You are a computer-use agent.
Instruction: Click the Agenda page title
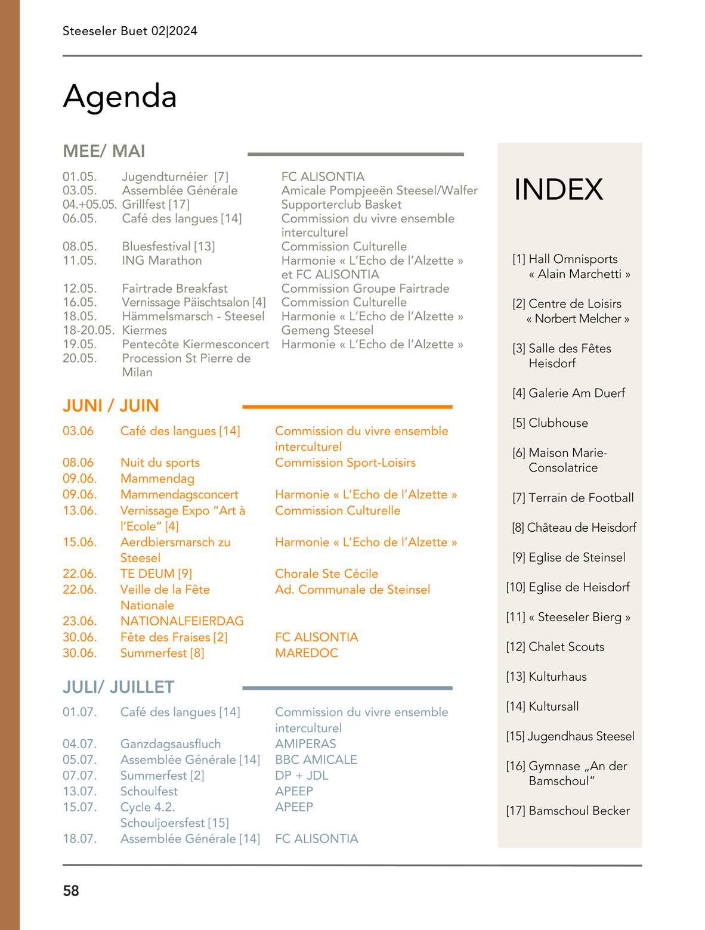[x=120, y=96]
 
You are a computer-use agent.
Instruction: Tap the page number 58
[x=71, y=891]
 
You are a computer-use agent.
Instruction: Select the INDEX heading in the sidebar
[x=558, y=189]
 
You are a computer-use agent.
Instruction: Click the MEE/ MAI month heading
[x=104, y=151]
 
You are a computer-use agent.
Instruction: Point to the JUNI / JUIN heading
[x=110, y=406]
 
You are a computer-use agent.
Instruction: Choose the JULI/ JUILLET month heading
[x=118, y=687]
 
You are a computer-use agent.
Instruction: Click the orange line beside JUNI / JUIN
[x=347, y=407]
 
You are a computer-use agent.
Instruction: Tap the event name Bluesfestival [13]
[x=168, y=246]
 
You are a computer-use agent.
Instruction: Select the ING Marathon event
[x=162, y=261]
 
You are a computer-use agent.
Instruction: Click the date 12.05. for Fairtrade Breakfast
[x=79, y=289]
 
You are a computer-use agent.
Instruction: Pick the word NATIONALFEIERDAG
[x=182, y=621]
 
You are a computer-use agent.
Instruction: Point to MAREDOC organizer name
[x=306, y=653]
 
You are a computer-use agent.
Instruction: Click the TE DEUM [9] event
[x=156, y=573]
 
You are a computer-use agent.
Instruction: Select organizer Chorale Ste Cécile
[x=326, y=573]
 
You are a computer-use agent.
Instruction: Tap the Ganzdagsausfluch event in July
[x=170, y=744]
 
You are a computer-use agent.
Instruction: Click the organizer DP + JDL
[x=301, y=776]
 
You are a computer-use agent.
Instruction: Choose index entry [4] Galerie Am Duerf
[x=568, y=393]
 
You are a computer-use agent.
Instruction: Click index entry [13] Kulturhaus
[x=546, y=677]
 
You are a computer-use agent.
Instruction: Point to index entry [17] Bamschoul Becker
[x=568, y=811]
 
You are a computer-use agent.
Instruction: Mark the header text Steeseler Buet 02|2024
[x=129, y=31]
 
